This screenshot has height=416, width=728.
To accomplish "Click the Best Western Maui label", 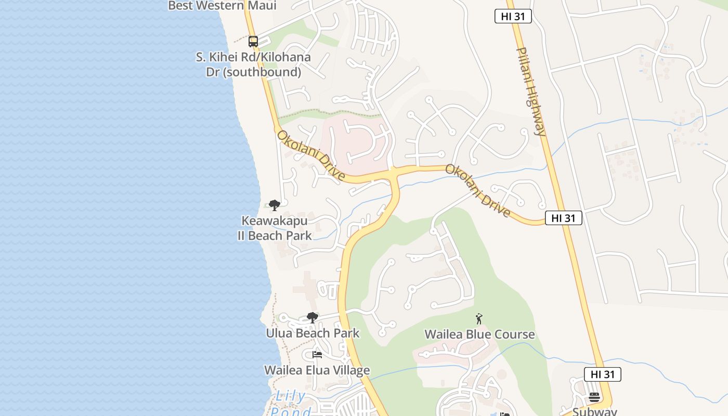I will coord(222,6).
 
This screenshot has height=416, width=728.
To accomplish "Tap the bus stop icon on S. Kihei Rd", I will coord(253,41).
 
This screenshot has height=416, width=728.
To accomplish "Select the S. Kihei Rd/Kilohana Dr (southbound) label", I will coord(253,64).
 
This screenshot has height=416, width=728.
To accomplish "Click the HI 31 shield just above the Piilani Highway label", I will coord(513,17).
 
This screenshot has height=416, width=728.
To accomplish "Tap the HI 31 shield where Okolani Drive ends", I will coord(563,218).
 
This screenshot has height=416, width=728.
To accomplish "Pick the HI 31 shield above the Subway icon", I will coord(602,374).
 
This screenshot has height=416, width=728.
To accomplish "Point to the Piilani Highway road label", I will coord(531,92).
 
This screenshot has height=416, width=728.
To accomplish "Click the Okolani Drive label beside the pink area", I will coord(310,155).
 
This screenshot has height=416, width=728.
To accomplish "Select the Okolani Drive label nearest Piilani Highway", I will coord(477,191).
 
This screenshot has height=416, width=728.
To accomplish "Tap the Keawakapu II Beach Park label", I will coord(275,228).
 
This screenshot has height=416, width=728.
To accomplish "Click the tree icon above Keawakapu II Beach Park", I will coord(275,205).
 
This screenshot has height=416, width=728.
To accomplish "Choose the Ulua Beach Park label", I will coord(313,333).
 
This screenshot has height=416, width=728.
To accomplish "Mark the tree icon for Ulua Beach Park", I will coord(313,317).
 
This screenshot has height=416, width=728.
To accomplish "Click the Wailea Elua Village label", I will coord(317,370).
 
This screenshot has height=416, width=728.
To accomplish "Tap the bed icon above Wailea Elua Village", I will coord(317,355).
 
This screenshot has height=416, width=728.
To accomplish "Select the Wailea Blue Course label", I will coord(479,334).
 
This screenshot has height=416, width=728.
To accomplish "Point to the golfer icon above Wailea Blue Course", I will coord(479,319).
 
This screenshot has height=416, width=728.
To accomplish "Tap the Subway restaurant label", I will coord(594,411).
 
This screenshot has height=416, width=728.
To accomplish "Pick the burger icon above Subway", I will coord(594,397).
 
